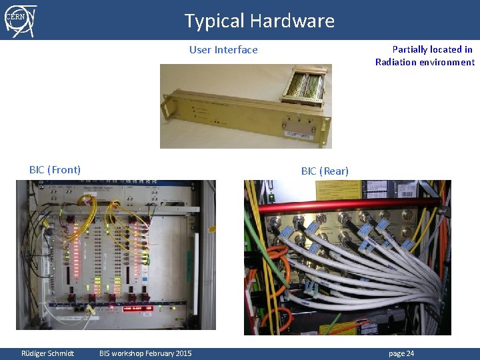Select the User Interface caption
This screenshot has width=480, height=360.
(223, 50)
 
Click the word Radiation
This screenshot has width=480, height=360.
(399, 62)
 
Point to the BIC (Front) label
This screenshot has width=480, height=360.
(55, 170)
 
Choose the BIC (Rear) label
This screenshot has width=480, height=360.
(325, 171)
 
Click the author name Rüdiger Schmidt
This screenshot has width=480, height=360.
(47, 353)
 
